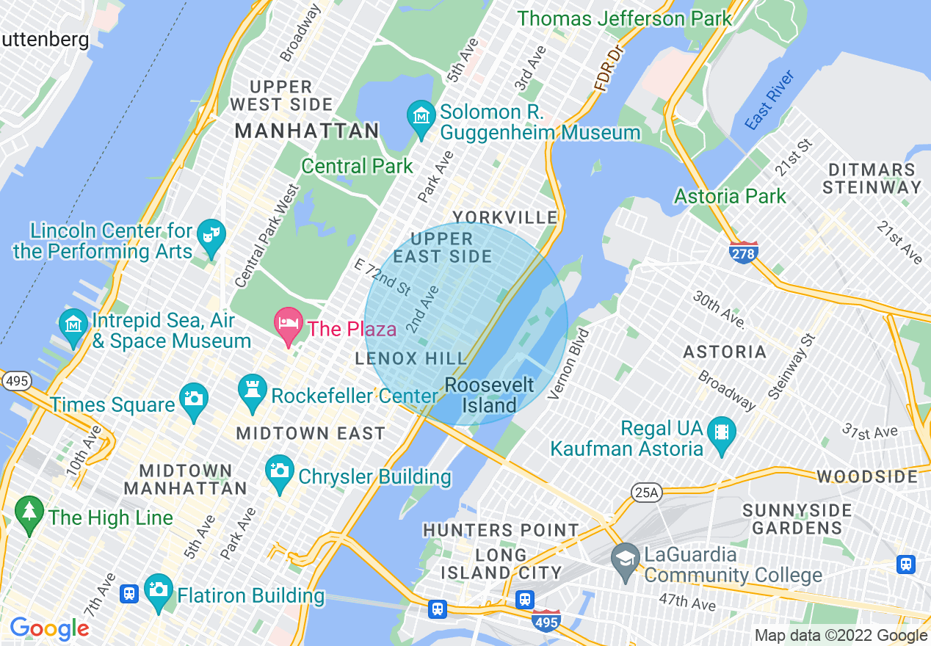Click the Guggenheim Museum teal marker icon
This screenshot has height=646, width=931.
pos(421,117)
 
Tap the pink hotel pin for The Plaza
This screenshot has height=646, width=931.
pos(288,324)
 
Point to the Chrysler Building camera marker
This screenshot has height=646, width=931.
pos(279,472)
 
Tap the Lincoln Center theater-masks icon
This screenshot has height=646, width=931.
pos(211,236)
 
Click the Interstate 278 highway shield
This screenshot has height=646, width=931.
pos(743,252)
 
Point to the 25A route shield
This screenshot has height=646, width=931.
pos(646,493)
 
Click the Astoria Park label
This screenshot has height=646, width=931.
pos(730,196)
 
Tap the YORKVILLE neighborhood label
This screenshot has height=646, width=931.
pos(505,217)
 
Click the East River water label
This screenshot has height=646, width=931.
pos(769,101)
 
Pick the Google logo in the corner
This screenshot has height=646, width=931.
pos(49,629)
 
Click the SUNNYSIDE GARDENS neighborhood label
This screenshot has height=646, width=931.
pos(797,518)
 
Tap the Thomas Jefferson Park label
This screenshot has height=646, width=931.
pos(624,18)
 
